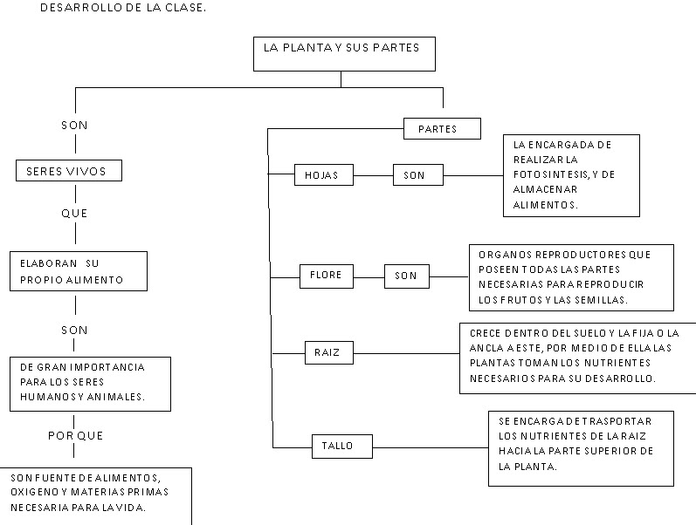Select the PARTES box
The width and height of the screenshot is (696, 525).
point(443,129)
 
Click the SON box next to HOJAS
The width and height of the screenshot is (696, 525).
point(415,175)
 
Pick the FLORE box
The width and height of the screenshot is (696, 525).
point(326,276)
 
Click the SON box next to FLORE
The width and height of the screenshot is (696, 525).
point(406,276)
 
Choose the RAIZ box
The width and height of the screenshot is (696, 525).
point(321,353)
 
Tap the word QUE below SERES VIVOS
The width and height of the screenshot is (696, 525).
point(74,213)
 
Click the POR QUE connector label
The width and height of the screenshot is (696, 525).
point(73,435)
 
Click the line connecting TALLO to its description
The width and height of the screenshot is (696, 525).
point(430,447)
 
